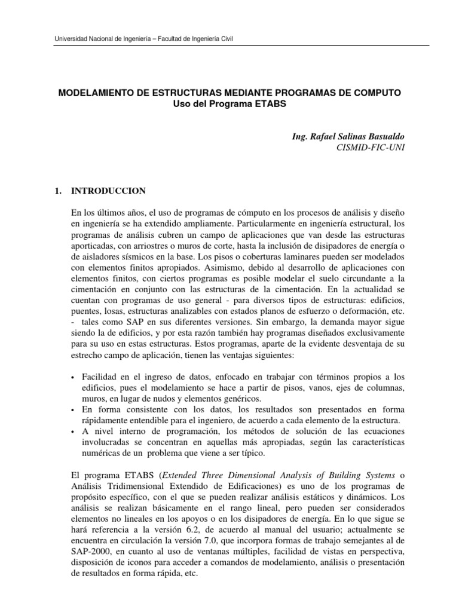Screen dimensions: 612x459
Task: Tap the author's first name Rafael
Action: tap(320, 137)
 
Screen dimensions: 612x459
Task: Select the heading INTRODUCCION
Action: tap(108, 192)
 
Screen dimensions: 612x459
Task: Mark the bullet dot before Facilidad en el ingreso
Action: tap(73, 377)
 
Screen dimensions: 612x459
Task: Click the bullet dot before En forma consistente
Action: tap(73, 409)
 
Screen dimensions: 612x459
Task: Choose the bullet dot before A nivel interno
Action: tap(73, 432)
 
